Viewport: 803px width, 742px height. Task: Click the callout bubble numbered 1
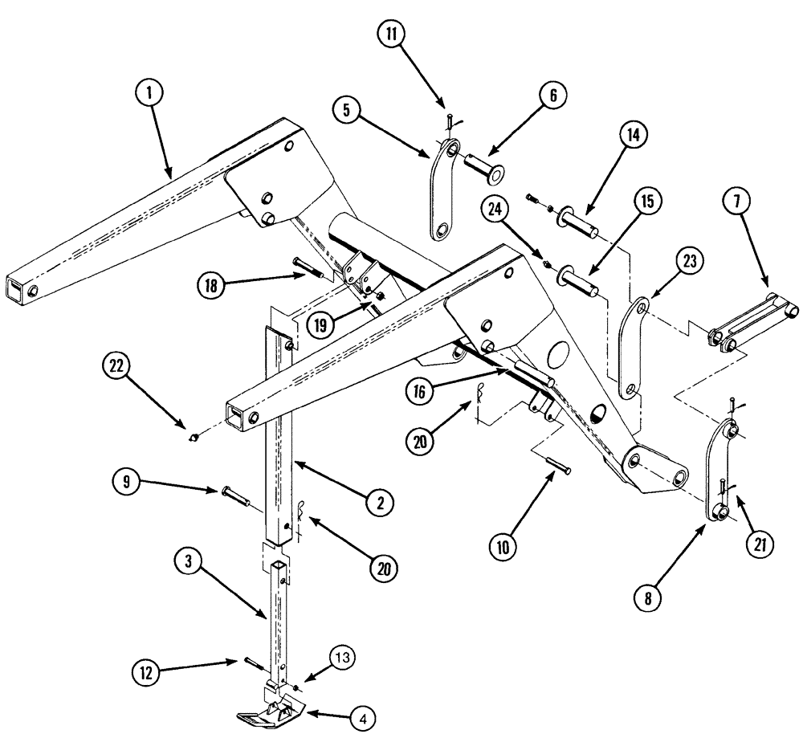tap(150, 93)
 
